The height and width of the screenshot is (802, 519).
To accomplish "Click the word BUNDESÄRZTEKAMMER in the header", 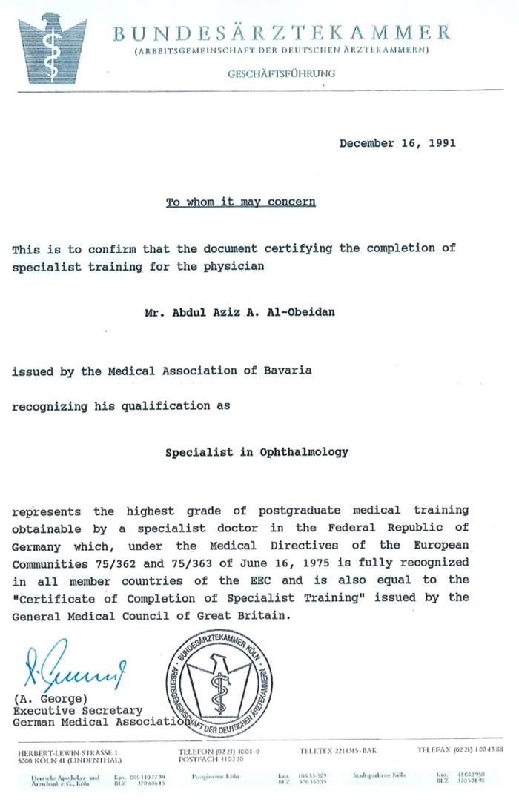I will tap(282, 33).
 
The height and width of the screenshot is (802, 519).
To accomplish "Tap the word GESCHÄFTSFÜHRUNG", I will tap(281, 73).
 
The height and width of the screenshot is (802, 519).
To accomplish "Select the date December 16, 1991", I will tap(397, 143).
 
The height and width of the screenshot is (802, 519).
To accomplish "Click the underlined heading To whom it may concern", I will tap(240, 202).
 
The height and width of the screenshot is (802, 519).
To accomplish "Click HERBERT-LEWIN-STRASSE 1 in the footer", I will tap(67, 752).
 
